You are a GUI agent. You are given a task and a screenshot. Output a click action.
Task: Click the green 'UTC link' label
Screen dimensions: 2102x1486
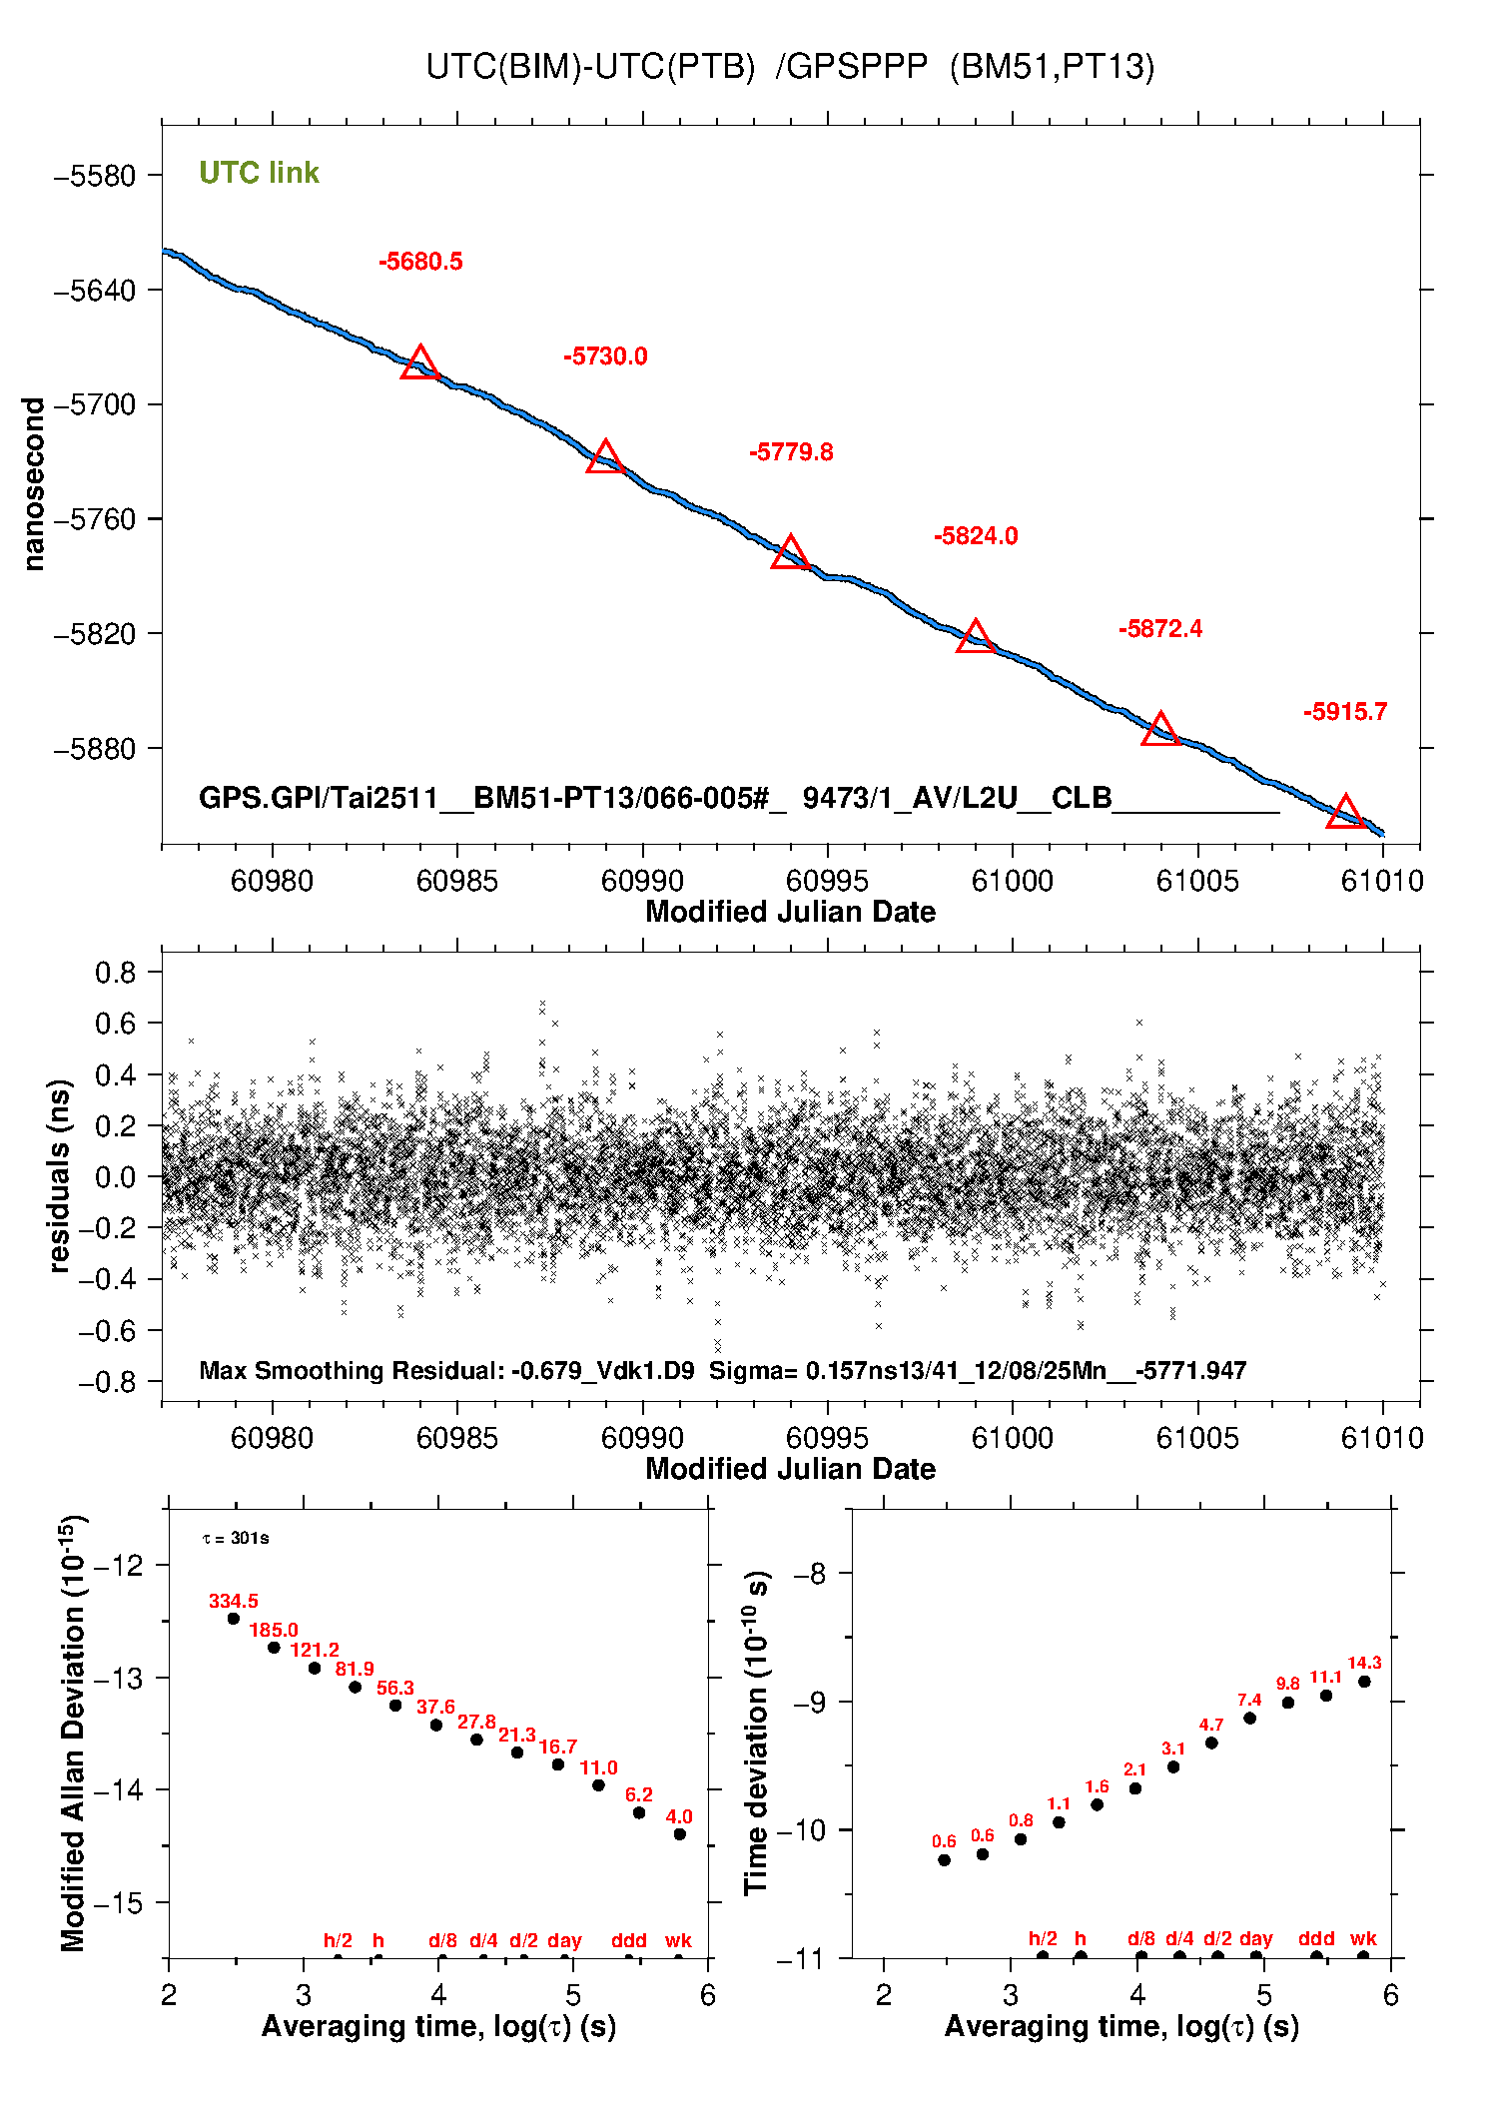click(259, 173)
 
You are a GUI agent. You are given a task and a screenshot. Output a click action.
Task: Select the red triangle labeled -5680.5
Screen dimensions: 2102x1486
click(419, 363)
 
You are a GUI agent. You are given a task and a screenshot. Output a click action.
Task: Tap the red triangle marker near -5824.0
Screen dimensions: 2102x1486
click(975, 637)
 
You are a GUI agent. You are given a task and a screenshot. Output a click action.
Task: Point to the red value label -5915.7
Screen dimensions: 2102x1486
click(1344, 712)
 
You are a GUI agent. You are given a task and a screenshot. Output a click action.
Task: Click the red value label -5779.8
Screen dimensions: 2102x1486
click(791, 452)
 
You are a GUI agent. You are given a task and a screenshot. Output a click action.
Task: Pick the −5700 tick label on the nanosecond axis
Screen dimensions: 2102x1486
click(95, 404)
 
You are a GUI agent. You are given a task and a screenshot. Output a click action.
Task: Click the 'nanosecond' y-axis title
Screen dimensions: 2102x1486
click(34, 484)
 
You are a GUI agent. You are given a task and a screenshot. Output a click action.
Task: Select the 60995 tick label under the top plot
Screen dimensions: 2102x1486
click(827, 881)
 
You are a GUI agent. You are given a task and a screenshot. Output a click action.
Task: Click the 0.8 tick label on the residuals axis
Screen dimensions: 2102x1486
click(115, 973)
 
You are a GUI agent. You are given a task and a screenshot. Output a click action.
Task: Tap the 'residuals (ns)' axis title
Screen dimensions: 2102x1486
click(59, 1176)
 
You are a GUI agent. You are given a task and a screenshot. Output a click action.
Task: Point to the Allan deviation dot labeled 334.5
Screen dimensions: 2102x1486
click(234, 1619)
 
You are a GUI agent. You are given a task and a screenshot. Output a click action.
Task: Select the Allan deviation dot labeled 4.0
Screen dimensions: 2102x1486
click(679, 1834)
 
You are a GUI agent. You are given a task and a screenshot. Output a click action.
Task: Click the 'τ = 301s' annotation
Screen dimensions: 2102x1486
click(236, 1539)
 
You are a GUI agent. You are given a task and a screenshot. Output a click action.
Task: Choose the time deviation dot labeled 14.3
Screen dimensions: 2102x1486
click(1364, 1682)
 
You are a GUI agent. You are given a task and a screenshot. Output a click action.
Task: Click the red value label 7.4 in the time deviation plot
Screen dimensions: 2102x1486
click(1249, 1700)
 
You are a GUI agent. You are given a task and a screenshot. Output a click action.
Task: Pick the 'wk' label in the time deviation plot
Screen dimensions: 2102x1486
click(1363, 1939)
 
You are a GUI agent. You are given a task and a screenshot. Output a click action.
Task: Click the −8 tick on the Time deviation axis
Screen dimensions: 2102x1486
click(809, 1575)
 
